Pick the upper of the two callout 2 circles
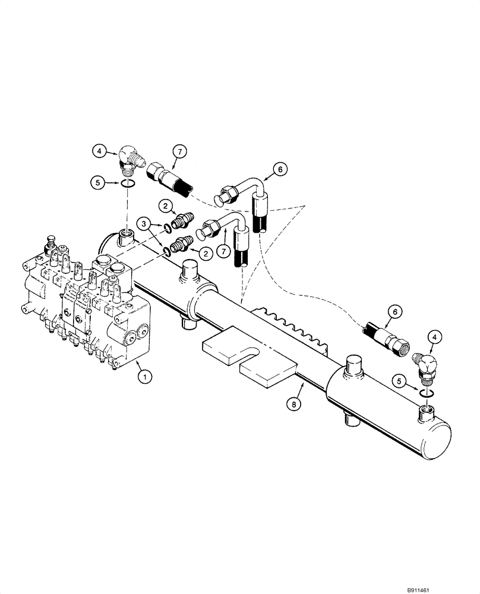(167, 206)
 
